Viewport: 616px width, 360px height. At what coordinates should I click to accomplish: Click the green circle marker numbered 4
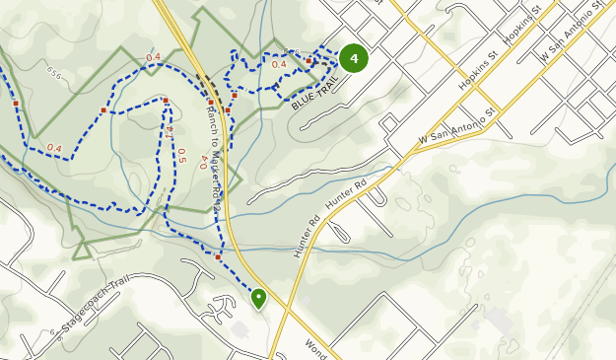pos(353,58)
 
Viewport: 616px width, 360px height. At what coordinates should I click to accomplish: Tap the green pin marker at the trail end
pos(259,297)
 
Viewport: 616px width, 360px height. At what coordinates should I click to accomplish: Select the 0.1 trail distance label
pos(170,129)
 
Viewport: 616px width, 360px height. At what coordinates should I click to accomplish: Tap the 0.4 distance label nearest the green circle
pos(279,65)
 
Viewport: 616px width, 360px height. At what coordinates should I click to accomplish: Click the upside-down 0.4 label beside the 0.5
pos(204,162)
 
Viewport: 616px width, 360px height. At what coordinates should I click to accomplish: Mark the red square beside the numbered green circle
pos(308,61)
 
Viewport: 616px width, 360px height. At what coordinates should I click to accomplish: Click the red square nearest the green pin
pos(218,256)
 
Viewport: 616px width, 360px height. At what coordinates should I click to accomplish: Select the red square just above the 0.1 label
pos(166,101)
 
